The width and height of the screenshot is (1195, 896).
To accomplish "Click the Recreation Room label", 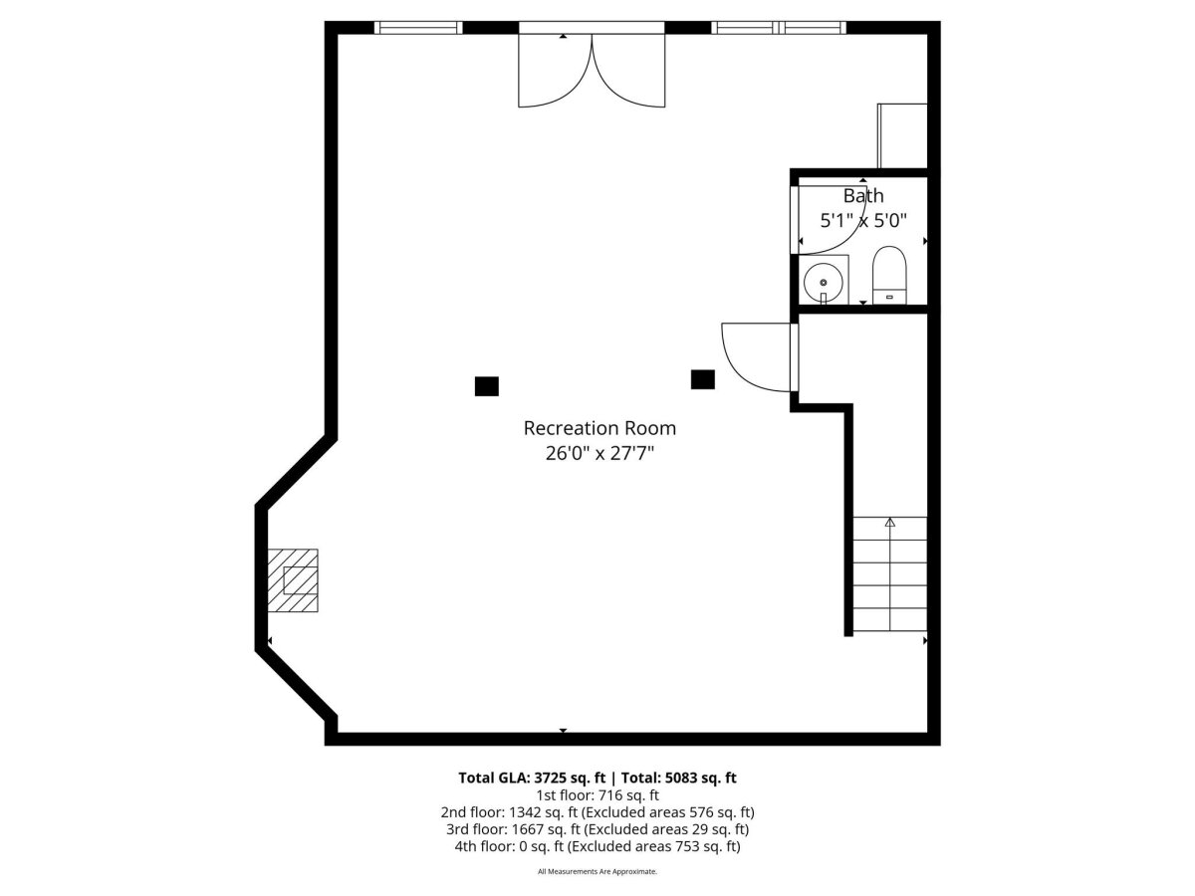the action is (x=599, y=428).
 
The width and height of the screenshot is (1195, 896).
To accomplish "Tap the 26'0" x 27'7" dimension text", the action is (x=599, y=453).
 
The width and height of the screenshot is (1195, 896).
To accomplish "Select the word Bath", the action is (x=863, y=196).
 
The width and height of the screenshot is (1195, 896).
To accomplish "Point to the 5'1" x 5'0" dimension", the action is (x=863, y=221).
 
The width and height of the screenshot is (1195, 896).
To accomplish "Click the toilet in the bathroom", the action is (x=889, y=275).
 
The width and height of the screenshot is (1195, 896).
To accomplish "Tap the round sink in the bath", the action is (x=824, y=283).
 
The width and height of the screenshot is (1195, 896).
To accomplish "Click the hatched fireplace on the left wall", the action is (x=293, y=580).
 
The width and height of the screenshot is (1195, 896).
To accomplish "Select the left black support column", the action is (x=486, y=386).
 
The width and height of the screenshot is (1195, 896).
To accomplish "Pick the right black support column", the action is (x=702, y=379).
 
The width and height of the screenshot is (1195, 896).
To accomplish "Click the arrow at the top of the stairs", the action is (x=889, y=523).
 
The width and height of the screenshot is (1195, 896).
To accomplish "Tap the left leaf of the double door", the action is (x=555, y=71).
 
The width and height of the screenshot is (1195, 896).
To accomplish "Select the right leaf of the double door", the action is (x=628, y=71).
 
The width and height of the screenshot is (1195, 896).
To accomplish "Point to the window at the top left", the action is (x=418, y=27).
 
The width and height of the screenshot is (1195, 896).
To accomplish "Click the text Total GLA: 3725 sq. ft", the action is (x=532, y=778).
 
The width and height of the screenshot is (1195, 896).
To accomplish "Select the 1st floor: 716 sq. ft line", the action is (x=597, y=795).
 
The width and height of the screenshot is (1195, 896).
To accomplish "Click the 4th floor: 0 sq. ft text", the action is (x=509, y=846).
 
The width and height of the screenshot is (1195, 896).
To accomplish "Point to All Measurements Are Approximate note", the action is (x=597, y=871).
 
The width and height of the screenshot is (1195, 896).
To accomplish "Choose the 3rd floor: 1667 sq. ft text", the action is (x=513, y=829).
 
